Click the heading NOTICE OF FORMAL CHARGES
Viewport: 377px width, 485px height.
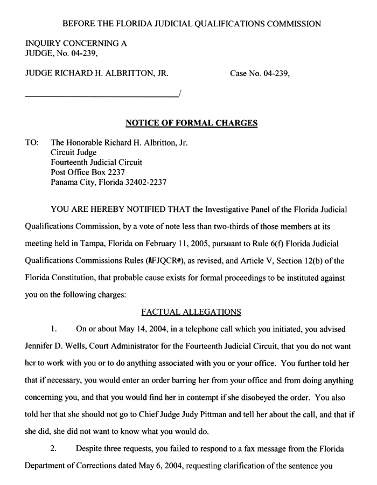[x=191, y=123]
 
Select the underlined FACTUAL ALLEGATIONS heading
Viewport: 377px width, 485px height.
[x=191, y=311]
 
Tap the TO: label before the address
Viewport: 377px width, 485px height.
[x=32, y=143]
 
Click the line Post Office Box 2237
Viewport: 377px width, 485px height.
[x=88, y=172]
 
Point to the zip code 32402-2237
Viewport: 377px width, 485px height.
[x=144, y=182]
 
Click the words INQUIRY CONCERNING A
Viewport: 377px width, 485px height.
[x=76, y=43]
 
